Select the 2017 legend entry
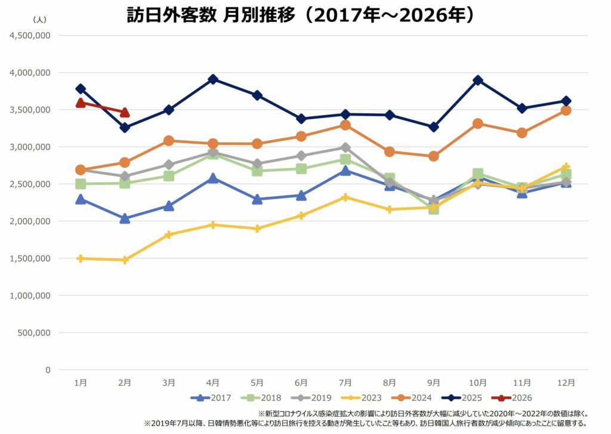[x=211, y=398]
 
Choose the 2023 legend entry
[x=360, y=398]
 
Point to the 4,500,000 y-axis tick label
[x=30, y=35]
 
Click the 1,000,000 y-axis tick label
[x=30, y=295]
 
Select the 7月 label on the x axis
[x=345, y=383]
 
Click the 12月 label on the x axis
[x=566, y=383]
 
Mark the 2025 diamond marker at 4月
[x=213, y=79]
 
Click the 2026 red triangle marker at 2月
[x=125, y=113]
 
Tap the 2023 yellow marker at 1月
[x=81, y=258]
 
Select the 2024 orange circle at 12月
[x=566, y=110]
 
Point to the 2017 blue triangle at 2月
[x=125, y=218]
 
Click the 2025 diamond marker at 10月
[x=477, y=80]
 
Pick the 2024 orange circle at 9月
[x=434, y=156]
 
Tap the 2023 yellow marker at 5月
[x=257, y=228]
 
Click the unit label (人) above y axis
[x=39, y=19]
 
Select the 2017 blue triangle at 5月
[x=257, y=199]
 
